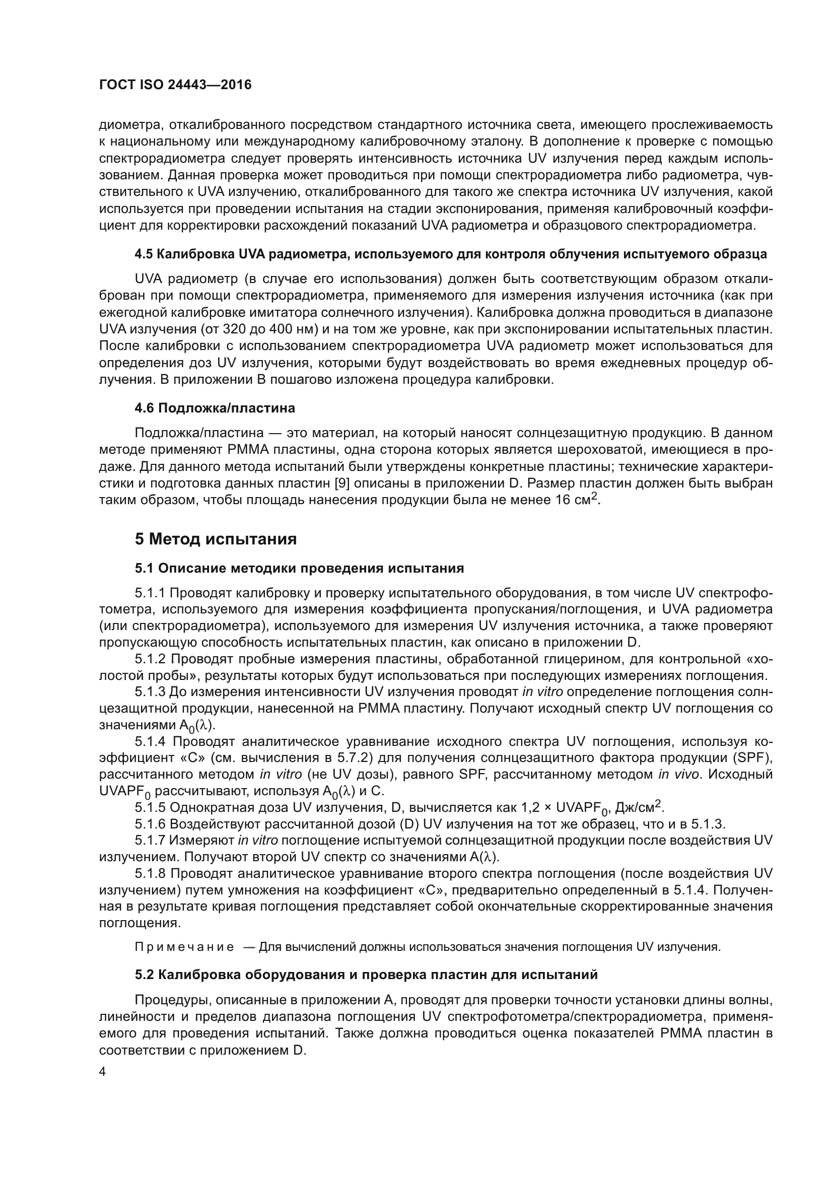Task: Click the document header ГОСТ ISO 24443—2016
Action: pos(175,85)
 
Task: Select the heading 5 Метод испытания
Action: pos(216,539)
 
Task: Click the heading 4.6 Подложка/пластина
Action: pos(215,408)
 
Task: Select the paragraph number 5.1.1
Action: pos(150,593)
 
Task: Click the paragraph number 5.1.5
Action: pos(150,807)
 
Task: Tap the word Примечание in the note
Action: pos(184,947)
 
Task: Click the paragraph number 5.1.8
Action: pos(150,874)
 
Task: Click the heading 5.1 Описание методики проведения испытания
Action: pos(299,568)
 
